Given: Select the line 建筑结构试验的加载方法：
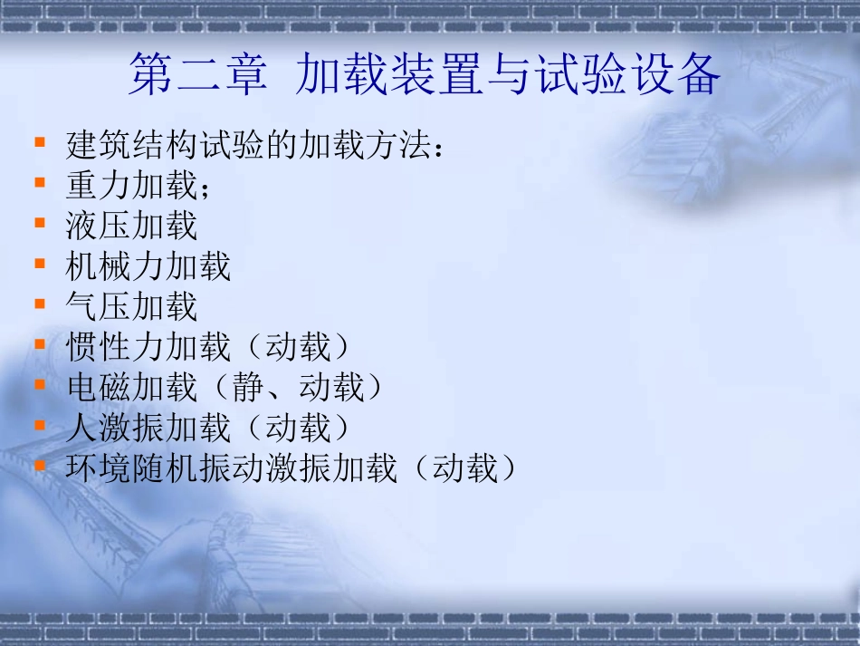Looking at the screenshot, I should coord(256,145).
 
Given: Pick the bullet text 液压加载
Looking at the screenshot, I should coord(131,226).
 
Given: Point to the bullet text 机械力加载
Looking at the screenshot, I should coord(148,266).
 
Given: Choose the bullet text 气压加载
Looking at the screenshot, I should coord(131,306).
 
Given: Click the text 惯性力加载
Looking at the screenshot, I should coord(148,347).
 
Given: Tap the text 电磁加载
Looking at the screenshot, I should coord(131,387).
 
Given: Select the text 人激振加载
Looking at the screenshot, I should coord(148,427).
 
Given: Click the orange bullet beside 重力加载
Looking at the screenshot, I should coord(39,183).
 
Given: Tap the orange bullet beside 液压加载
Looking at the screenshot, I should coord(39,223).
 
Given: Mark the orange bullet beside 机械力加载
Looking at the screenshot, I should coord(39,264).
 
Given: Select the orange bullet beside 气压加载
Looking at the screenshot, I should coord(39,304).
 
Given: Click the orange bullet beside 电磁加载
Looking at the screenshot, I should coord(39,384).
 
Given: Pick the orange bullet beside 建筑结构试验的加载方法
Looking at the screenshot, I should coord(39,142).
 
